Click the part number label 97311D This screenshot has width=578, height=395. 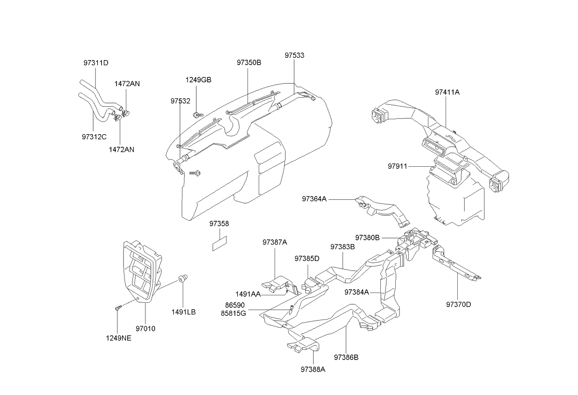point(96,63)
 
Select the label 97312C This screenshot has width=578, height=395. point(94,136)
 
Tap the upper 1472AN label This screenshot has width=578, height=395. point(127,84)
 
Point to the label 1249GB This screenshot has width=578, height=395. point(198,80)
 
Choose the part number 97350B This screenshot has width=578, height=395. point(248,62)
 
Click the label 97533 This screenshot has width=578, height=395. point(295,55)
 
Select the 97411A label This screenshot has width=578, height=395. point(447,92)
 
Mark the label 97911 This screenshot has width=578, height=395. point(397,166)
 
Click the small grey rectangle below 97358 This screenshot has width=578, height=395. point(220,244)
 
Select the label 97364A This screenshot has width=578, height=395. point(314,199)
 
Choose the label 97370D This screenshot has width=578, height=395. point(458,304)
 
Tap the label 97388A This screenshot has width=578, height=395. point(313,369)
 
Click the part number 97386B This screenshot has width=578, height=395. point(346,357)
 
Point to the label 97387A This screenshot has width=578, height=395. point(275,242)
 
